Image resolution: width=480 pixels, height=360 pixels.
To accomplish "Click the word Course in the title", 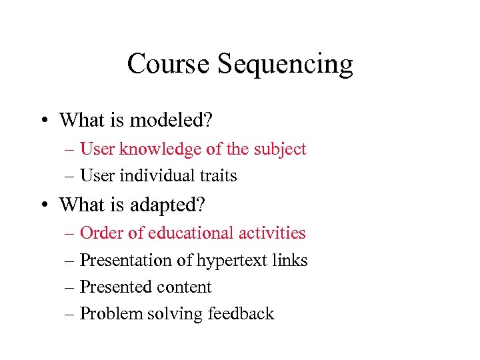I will [x=169, y=64].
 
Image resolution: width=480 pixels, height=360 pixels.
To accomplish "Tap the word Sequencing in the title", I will [x=285, y=65].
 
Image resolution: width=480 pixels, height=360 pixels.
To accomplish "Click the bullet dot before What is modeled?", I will [x=42, y=121].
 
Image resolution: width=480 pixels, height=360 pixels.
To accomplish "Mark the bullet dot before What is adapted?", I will [x=42, y=205].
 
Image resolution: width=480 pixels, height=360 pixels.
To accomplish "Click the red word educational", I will [x=181, y=233].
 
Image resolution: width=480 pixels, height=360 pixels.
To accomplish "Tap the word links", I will [x=291, y=261].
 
